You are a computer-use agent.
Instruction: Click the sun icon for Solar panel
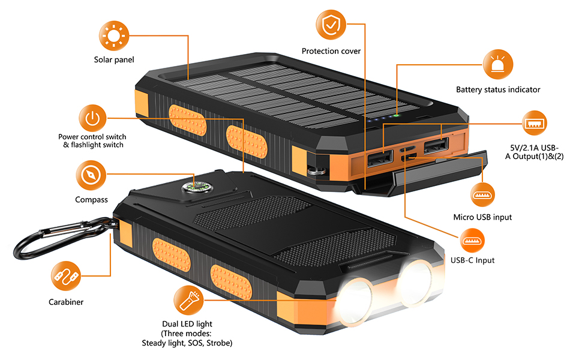[113, 35]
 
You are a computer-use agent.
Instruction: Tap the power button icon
[91, 118]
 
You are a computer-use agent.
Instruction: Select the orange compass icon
[91, 175]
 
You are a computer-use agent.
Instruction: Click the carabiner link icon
[65, 277]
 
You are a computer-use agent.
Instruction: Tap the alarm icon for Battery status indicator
[497, 64]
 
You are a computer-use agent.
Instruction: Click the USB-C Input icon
[472, 241]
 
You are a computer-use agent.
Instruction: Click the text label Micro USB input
[482, 217]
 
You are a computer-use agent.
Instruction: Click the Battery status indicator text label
[498, 89]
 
